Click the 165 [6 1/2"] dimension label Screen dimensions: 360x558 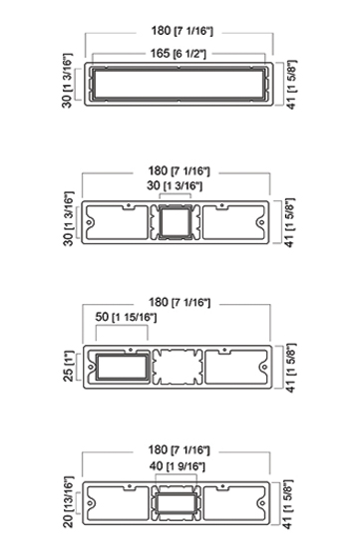(x=179, y=54)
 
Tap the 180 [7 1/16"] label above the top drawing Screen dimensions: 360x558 (x=181, y=31)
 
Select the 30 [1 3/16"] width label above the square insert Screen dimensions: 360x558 (x=175, y=185)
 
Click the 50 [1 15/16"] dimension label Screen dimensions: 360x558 (x=126, y=317)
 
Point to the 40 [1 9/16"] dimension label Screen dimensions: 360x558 (x=178, y=466)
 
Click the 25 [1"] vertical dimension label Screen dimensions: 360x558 (x=69, y=367)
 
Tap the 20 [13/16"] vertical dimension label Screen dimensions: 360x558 (x=68, y=502)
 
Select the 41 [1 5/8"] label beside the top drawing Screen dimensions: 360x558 (x=291, y=85)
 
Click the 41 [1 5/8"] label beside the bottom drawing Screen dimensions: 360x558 (x=288, y=504)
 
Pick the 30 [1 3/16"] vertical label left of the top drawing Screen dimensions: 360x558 (x=67, y=81)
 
